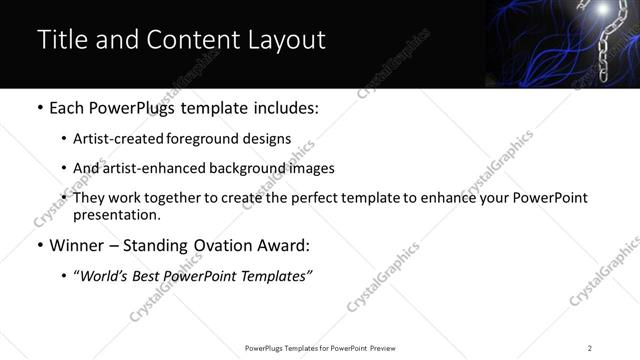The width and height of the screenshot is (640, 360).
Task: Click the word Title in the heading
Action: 59,40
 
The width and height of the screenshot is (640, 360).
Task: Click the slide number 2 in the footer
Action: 590,348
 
